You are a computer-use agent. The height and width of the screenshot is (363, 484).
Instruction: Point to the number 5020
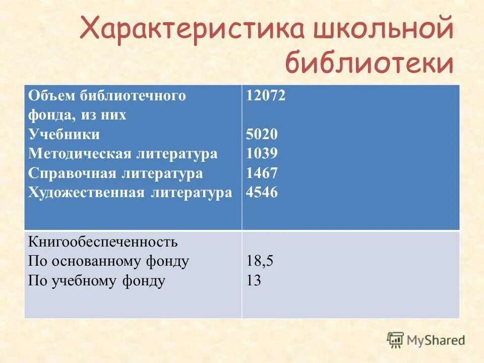coord(262,135)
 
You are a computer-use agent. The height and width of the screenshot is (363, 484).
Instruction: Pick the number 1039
coord(262,154)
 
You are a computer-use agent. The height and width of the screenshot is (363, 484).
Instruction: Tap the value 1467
coord(262,173)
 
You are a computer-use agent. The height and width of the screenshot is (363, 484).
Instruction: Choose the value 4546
coord(262,193)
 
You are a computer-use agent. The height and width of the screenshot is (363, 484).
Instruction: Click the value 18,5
coord(260,261)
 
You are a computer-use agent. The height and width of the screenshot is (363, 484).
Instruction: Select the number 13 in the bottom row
coord(254,281)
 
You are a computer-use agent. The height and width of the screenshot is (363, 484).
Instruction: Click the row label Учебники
coord(64,135)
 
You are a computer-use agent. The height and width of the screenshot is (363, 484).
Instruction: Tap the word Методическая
coord(80,154)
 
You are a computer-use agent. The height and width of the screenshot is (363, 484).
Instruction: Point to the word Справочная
coord(73,173)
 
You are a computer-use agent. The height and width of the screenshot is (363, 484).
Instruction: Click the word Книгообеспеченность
coord(103,242)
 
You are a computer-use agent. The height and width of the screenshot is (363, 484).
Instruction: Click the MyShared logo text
coord(436,340)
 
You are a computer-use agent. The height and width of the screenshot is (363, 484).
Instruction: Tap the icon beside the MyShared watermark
coord(395,340)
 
